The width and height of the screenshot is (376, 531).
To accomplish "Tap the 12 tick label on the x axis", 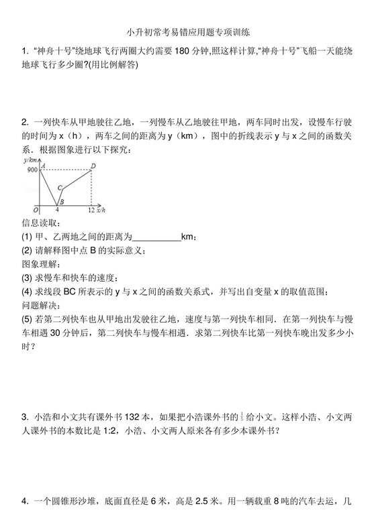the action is [x=91, y=210].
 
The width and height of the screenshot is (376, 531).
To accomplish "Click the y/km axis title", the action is [x=30, y=161].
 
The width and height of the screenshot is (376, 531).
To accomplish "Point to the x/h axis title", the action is [x=101, y=210].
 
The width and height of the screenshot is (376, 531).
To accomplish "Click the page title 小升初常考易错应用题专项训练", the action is [x=188, y=32].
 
